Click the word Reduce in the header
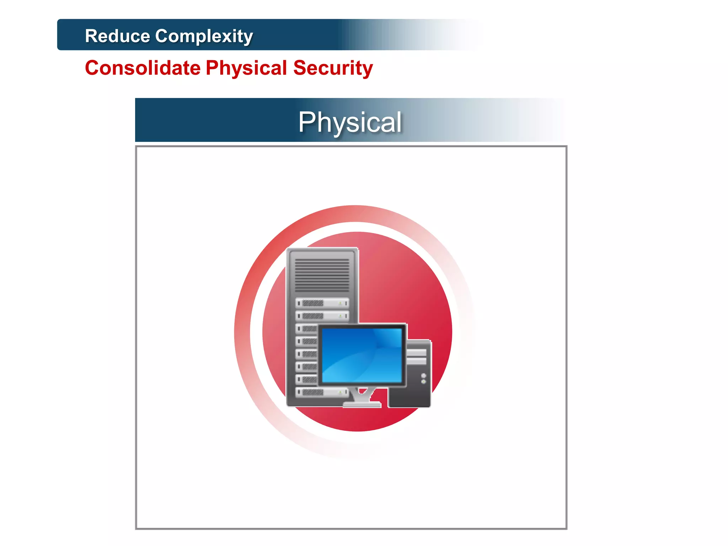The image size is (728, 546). [x=117, y=36]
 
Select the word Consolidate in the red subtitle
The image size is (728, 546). [x=143, y=68]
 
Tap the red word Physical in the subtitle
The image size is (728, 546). [x=246, y=68]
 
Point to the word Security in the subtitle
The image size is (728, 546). [x=333, y=68]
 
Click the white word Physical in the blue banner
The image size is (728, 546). [x=350, y=122]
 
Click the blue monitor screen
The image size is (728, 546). [x=362, y=355]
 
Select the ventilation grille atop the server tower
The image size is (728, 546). [x=322, y=275]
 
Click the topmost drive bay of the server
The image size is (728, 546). [x=322, y=303]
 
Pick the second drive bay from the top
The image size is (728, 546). [x=322, y=316]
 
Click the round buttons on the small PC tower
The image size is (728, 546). [x=423, y=379]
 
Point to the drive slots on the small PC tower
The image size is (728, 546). [x=416, y=357]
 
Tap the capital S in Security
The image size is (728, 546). [x=301, y=68]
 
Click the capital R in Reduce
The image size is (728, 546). [x=91, y=36]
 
